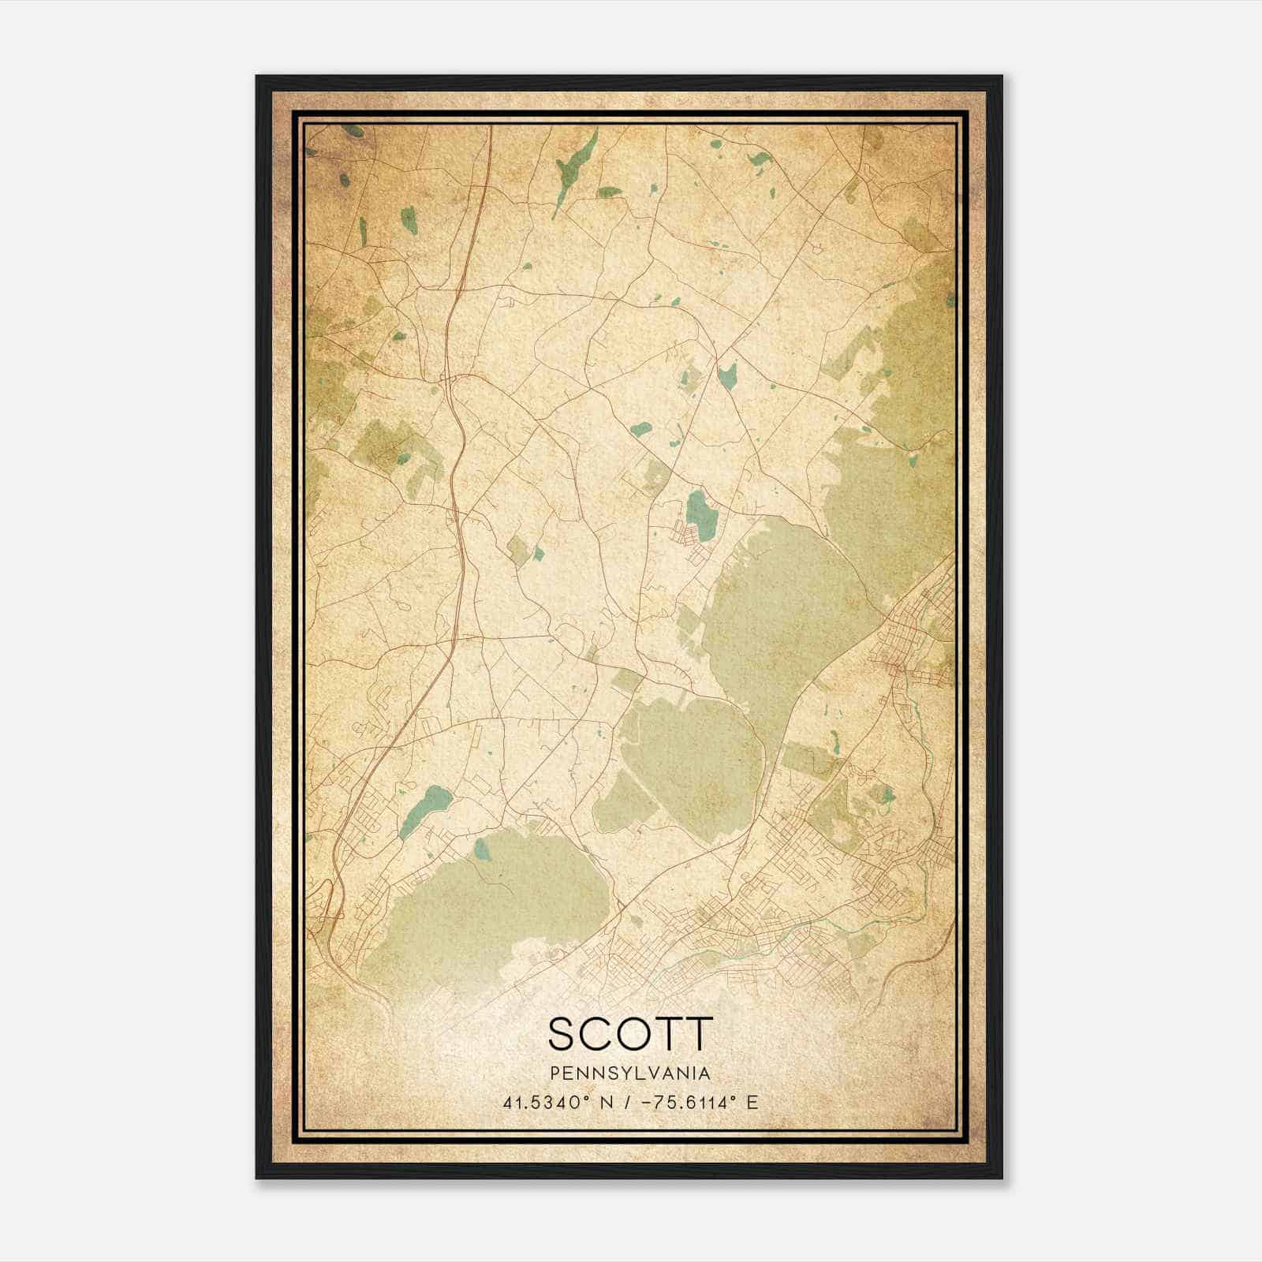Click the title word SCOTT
[630, 1033]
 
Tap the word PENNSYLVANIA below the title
[630, 1073]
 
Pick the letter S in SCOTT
[562, 1033]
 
